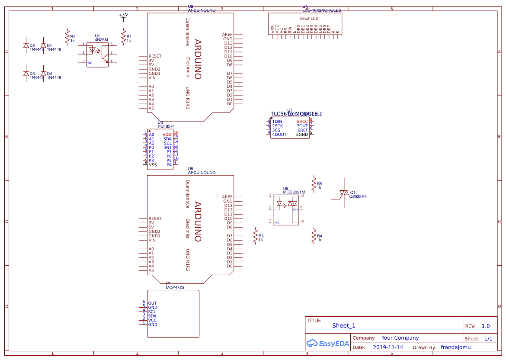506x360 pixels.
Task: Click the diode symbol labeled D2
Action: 26,45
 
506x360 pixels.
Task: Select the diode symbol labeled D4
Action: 43,74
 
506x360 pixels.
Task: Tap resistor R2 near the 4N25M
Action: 67,37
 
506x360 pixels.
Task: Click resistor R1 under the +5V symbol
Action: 123,37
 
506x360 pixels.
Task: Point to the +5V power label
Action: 124,15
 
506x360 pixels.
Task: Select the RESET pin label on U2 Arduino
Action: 155,56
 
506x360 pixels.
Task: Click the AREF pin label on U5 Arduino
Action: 227,197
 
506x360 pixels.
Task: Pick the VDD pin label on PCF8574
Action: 167,135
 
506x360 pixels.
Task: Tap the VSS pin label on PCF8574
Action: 153,165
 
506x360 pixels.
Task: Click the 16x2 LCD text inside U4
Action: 309,19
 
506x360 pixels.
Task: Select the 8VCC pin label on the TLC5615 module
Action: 302,122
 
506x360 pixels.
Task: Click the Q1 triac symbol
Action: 344,193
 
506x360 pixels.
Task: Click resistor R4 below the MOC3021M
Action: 314,236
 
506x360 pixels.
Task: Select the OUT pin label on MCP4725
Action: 152,303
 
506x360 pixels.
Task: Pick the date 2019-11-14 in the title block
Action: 388,347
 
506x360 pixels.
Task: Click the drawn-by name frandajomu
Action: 455,347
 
